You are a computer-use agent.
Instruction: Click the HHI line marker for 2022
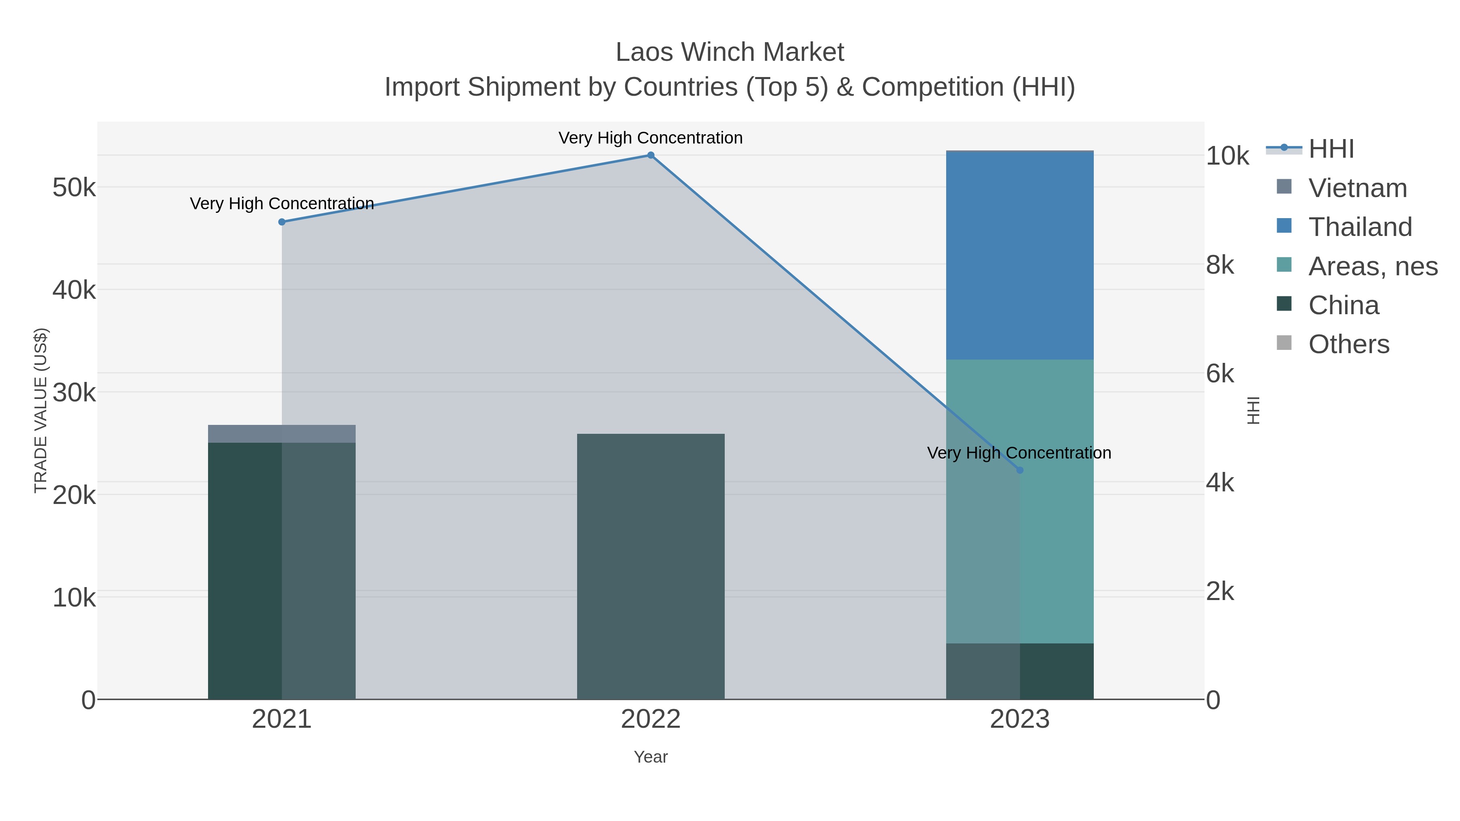click(x=651, y=155)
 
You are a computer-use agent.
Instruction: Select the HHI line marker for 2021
click(x=282, y=222)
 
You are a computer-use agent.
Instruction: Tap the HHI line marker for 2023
click(x=1020, y=470)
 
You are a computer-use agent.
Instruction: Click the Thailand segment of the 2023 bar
click(x=1020, y=255)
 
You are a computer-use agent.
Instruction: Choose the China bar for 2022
click(x=651, y=567)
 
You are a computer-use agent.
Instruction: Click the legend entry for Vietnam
click(x=1357, y=188)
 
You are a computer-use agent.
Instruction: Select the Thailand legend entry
click(x=1360, y=227)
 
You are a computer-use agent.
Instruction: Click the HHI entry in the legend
click(x=1331, y=149)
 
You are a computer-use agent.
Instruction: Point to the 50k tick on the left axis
click(x=74, y=188)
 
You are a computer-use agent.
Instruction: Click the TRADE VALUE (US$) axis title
click(x=41, y=410)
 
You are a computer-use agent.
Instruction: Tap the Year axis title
click(x=651, y=757)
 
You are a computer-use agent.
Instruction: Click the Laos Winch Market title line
click(x=730, y=52)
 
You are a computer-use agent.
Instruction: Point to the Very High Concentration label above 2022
click(x=650, y=138)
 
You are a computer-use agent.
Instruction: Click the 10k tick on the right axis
click(x=1227, y=156)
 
